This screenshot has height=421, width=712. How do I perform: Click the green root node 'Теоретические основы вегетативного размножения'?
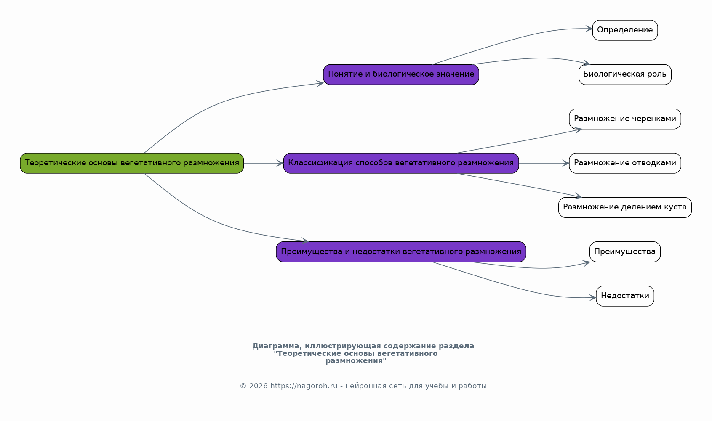click(x=132, y=163)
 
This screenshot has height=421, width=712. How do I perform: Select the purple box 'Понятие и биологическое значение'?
click(x=401, y=74)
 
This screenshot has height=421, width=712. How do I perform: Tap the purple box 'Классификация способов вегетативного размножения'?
click(x=401, y=163)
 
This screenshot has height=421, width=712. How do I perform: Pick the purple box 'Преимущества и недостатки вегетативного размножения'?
click(x=401, y=252)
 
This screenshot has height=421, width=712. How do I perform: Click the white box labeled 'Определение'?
click(x=625, y=30)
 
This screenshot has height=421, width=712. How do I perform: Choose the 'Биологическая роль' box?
click(x=625, y=74)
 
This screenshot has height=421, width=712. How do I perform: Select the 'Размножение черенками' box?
click(x=625, y=119)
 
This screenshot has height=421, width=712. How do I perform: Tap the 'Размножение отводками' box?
click(x=625, y=163)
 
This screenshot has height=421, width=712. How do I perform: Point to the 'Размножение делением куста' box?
click(x=625, y=207)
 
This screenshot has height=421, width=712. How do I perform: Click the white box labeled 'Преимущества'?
click(x=625, y=252)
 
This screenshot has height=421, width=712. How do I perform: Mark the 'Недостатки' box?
click(x=625, y=296)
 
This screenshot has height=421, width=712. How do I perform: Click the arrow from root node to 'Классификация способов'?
click(x=264, y=163)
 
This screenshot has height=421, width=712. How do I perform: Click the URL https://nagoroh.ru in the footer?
click(x=304, y=386)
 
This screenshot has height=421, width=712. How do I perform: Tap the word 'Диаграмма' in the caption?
click(x=277, y=346)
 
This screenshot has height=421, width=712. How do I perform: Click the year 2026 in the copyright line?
click(x=259, y=386)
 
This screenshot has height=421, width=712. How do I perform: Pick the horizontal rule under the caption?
click(x=363, y=372)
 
